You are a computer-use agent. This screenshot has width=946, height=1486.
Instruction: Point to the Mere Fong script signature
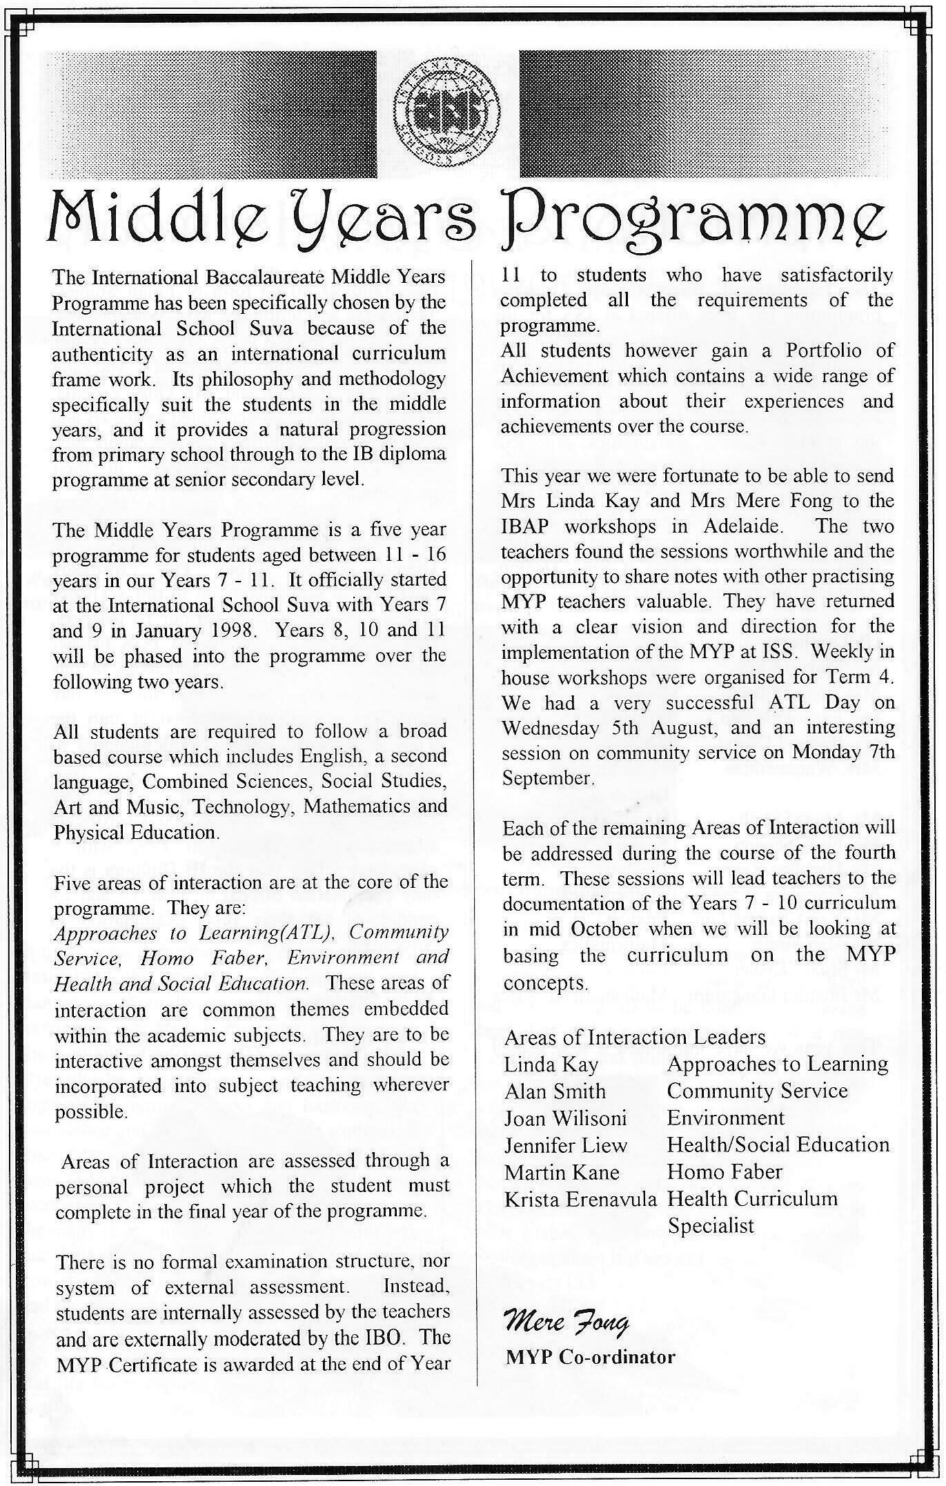tap(566, 1322)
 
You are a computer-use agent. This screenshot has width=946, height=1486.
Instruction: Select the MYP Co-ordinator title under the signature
tap(590, 1357)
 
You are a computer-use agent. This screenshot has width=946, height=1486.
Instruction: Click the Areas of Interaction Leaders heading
tap(635, 1037)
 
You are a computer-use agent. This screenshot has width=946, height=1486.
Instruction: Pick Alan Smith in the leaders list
tap(555, 1091)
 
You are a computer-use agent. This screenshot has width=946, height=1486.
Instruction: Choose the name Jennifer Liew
tap(565, 1145)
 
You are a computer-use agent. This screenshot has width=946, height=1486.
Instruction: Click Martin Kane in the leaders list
tap(562, 1172)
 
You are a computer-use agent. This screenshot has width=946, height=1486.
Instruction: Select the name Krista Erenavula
tap(580, 1199)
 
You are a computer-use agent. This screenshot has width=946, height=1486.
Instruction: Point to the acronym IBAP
tap(528, 526)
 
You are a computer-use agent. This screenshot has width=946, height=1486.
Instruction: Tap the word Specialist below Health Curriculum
tap(711, 1226)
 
